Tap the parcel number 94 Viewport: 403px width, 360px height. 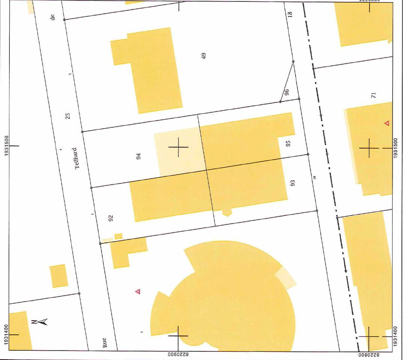[138, 156]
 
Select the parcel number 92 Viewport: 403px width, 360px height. [111, 217]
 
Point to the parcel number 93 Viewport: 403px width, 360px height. [293, 183]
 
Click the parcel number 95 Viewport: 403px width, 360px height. [288, 143]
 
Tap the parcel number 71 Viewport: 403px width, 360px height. [373, 95]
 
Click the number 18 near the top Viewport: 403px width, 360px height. [290, 14]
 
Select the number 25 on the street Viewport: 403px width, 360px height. [68, 115]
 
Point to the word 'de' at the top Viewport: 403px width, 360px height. [53, 17]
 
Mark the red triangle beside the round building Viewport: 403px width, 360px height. [138, 291]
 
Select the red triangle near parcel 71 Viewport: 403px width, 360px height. [386, 123]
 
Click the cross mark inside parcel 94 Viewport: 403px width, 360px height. [178, 147]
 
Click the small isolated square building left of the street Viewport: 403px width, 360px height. [59, 276]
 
